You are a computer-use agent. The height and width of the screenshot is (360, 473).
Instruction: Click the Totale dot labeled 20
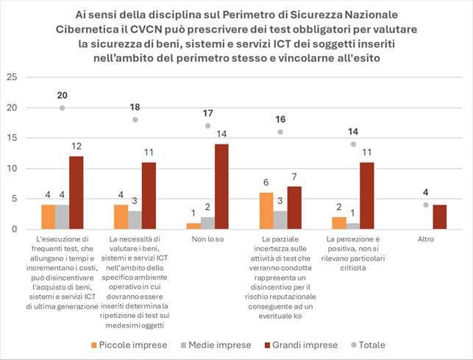62,107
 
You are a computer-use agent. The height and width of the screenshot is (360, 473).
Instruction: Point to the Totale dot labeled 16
280,132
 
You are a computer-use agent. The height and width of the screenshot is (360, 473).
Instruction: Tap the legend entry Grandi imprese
308,344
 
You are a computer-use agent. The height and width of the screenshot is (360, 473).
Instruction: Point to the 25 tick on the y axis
10,77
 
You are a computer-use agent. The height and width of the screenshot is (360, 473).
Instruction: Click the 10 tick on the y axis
10,168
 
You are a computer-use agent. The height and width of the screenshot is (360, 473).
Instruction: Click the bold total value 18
135,107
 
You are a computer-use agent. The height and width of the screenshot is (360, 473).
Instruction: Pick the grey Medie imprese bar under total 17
207,223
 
